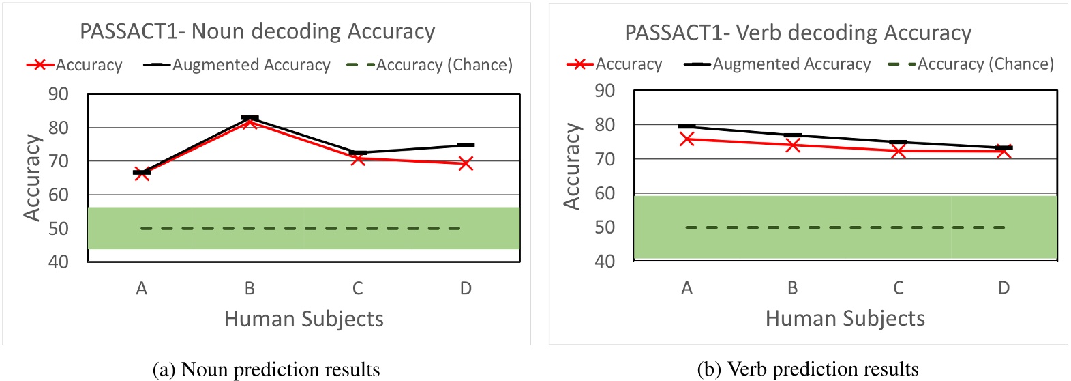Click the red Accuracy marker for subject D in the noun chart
[466, 163]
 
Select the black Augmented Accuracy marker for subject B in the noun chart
[250, 118]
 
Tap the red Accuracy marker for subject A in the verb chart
[687, 139]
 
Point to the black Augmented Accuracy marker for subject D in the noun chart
[466, 145]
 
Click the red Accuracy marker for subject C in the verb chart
[899, 150]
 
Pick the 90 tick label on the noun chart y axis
[59, 94]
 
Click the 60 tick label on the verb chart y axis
[605, 193]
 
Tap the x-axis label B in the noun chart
[250, 289]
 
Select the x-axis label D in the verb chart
[1004, 288]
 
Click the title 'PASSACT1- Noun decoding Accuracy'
[257, 31]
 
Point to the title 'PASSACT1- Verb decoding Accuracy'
[798, 33]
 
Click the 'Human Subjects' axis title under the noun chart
[303, 319]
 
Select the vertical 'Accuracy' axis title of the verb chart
[571, 166]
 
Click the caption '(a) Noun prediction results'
[267, 369]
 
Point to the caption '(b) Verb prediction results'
[807, 369]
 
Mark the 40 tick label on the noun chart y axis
[59, 262]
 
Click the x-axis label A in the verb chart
[687, 288]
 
